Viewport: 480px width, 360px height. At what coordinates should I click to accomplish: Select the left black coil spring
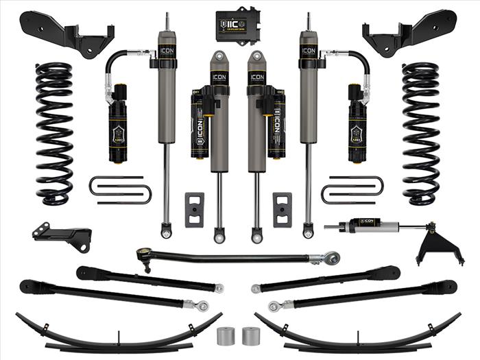54,134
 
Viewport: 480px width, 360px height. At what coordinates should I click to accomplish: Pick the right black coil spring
421,134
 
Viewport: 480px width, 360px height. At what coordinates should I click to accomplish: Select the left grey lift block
195,209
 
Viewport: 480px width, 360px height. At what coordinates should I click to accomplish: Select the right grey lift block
282,209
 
